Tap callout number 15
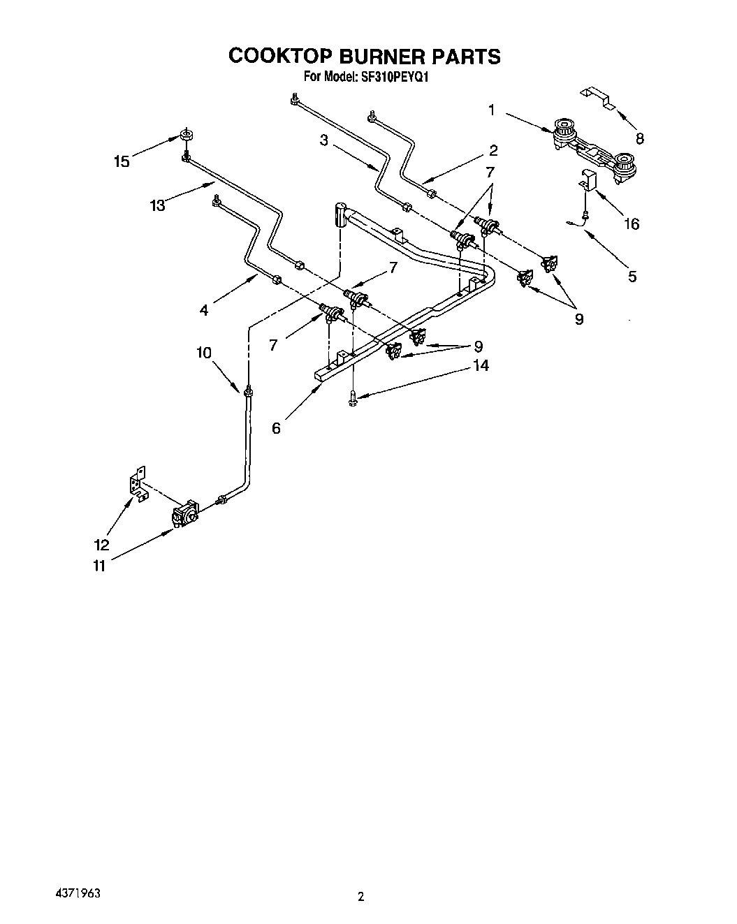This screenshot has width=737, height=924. pyautogui.click(x=122, y=162)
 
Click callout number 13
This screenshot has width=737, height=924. pyautogui.click(x=157, y=205)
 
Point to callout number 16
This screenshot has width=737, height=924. pyautogui.click(x=631, y=224)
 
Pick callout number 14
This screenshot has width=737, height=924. pyautogui.click(x=480, y=365)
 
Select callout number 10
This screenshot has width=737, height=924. pyautogui.click(x=204, y=353)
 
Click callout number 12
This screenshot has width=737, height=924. pyautogui.click(x=101, y=545)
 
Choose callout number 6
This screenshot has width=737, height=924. pyautogui.click(x=276, y=428)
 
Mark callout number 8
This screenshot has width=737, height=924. pyautogui.click(x=640, y=138)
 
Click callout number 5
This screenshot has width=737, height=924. pyautogui.click(x=632, y=277)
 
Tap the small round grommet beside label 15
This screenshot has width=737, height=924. pyautogui.click(x=187, y=135)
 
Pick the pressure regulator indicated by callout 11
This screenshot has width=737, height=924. pyautogui.click(x=185, y=515)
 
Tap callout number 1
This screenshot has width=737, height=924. pyautogui.click(x=491, y=110)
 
